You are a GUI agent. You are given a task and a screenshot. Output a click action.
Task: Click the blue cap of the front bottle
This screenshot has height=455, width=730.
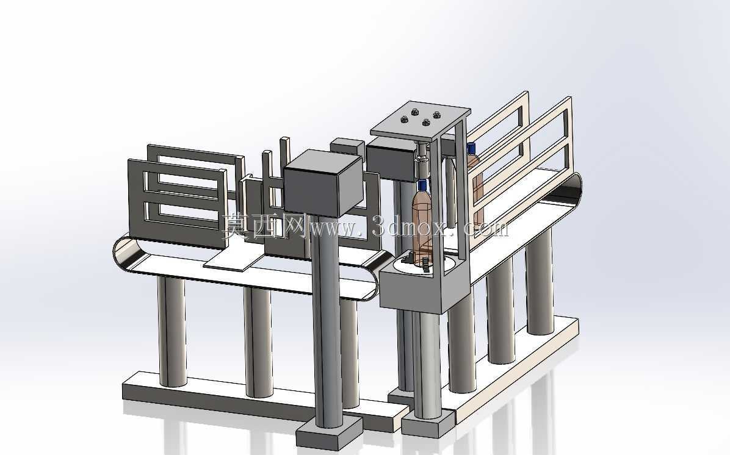(x=422, y=185)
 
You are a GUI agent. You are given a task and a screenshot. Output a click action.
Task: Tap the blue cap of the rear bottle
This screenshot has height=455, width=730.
(x=471, y=149)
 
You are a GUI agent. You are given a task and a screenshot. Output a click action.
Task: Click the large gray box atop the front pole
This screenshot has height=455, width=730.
(x=323, y=184)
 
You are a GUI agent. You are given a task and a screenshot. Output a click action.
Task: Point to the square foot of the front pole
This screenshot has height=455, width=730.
(x=329, y=432)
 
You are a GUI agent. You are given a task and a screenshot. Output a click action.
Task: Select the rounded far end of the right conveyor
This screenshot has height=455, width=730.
(x=574, y=188)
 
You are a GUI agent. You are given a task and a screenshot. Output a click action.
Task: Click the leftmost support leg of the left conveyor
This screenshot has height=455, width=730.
(x=172, y=331)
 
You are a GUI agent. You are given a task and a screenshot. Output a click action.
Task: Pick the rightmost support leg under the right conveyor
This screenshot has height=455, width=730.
(x=540, y=282)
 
